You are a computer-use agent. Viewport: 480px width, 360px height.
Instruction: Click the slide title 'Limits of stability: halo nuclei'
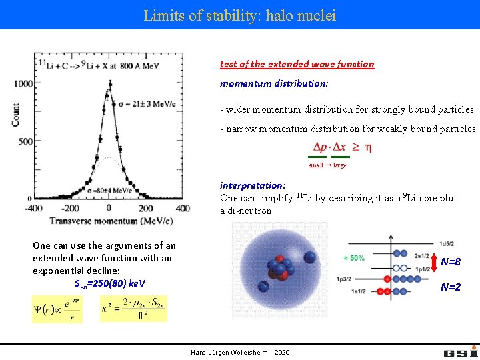click(239, 15)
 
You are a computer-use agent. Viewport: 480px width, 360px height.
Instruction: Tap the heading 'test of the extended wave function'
click(297, 64)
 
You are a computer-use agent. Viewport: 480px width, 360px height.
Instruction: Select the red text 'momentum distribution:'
click(274, 84)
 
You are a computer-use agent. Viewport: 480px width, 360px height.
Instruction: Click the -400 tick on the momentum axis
click(34, 208)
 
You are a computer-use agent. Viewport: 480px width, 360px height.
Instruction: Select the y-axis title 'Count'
click(15, 114)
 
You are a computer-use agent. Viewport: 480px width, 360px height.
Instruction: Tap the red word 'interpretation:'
click(253, 185)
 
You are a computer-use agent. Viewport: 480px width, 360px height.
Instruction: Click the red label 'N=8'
click(451, 262)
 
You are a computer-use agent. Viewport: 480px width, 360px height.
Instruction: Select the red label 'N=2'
click(451, 287)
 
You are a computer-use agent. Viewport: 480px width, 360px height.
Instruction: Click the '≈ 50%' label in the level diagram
click(353, 257)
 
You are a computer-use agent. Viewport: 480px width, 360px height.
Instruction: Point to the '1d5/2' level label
click(445, 243)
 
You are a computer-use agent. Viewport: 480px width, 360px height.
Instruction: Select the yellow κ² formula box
click(133, 309)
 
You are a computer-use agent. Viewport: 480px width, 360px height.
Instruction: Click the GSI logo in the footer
click(460, 351)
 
